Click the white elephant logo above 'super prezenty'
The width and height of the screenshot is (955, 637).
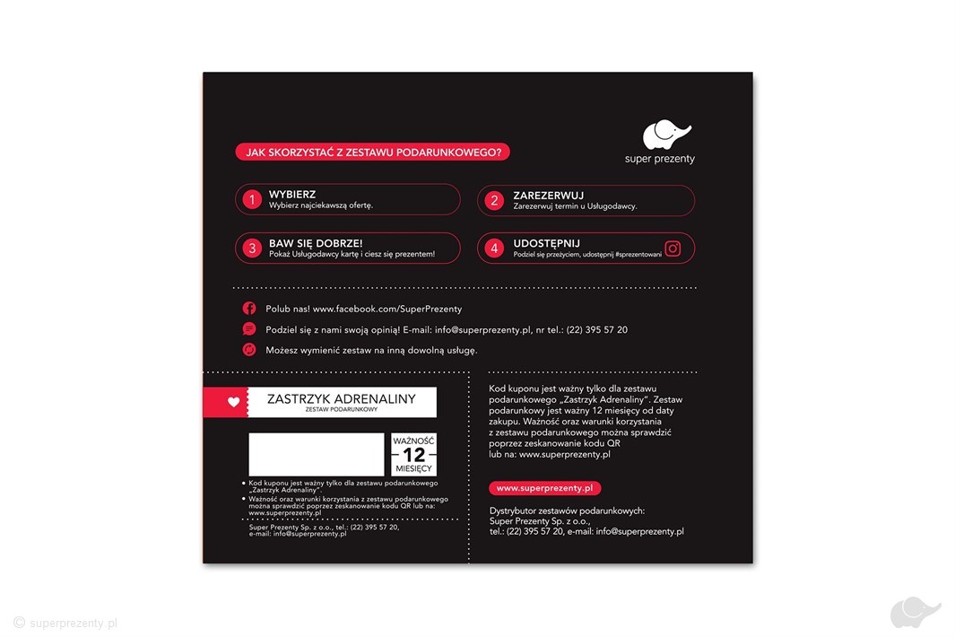pos(667,135)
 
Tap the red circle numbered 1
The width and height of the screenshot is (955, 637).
pos(252,199)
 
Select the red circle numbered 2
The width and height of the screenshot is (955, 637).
pos(494,200)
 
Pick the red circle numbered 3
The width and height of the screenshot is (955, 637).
pos(252,249)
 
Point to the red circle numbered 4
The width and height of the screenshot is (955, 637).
pos(494,249)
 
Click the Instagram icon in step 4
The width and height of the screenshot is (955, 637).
pos(673,249)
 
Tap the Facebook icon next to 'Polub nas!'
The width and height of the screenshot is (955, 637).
pos(249,308)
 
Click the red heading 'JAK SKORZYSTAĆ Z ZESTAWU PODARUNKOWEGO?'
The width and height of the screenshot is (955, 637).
pos(372,153)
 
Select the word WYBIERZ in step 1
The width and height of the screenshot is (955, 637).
pos(292,194)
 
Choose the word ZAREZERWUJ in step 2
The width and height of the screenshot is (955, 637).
pos(549,194)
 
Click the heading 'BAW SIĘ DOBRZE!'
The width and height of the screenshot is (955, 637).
pos(316,243)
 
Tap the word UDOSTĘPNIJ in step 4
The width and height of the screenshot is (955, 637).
pos(547,243)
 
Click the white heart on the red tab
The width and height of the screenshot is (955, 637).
pos(234,402)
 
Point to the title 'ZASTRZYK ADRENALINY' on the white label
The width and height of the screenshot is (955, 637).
pos(342,399)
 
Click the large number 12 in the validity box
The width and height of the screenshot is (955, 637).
pos(413,454)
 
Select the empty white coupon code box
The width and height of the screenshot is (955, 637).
pos(316,454)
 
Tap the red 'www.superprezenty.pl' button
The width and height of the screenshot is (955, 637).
pos(544,488)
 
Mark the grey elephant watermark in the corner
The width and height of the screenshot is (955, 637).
pos(915,612)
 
